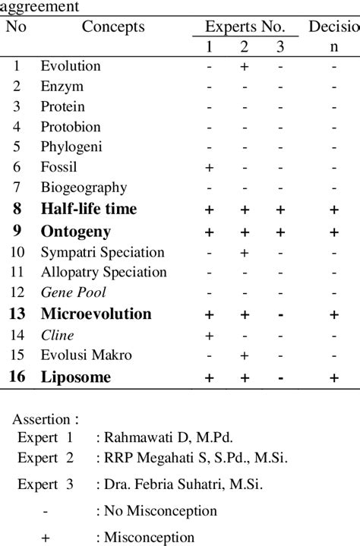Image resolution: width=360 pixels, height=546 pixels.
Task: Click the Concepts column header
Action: [x=113, y=27]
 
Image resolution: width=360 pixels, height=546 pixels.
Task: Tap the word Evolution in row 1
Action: [x=71, y=66]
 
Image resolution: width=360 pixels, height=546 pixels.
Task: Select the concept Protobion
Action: [x=71, y=127]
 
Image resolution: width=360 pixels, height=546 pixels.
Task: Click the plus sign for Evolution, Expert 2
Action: [x=245, y=66]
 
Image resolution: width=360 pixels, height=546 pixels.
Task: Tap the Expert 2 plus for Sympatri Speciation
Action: [x=245, y=251]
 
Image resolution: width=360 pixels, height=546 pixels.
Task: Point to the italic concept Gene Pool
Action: [x=74, y=292]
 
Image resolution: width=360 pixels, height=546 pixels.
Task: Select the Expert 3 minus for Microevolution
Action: [x=281, y=314]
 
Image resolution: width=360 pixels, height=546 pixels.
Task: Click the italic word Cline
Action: [x=58, y=335]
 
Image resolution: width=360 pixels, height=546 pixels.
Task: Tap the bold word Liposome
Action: [x=76, y=377]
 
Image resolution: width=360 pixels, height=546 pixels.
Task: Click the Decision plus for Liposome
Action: [x=333, y=377]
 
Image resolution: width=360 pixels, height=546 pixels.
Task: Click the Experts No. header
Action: [x=245, y=27]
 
